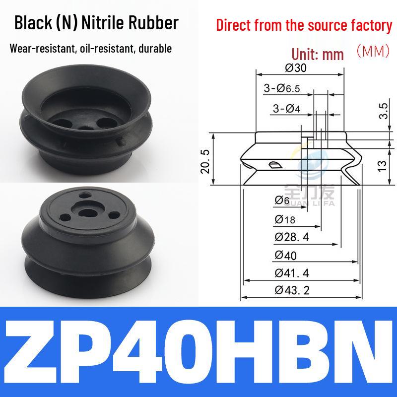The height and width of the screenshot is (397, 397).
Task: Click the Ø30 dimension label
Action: [295, 68]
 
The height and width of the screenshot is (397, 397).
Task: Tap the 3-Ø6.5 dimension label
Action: [282, 88]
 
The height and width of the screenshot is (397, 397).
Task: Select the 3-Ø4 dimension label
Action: [286, 109]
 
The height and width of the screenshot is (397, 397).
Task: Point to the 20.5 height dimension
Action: [205, 161]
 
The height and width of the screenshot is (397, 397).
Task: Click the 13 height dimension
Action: [382, 166]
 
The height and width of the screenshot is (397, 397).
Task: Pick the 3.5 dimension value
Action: [383, 111]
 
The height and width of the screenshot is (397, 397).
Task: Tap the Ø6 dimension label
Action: [282, 200]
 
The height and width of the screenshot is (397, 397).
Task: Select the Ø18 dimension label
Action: [285, 219]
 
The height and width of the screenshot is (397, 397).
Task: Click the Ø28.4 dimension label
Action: [292, 237]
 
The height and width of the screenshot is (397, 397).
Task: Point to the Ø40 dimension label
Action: [285, 255]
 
